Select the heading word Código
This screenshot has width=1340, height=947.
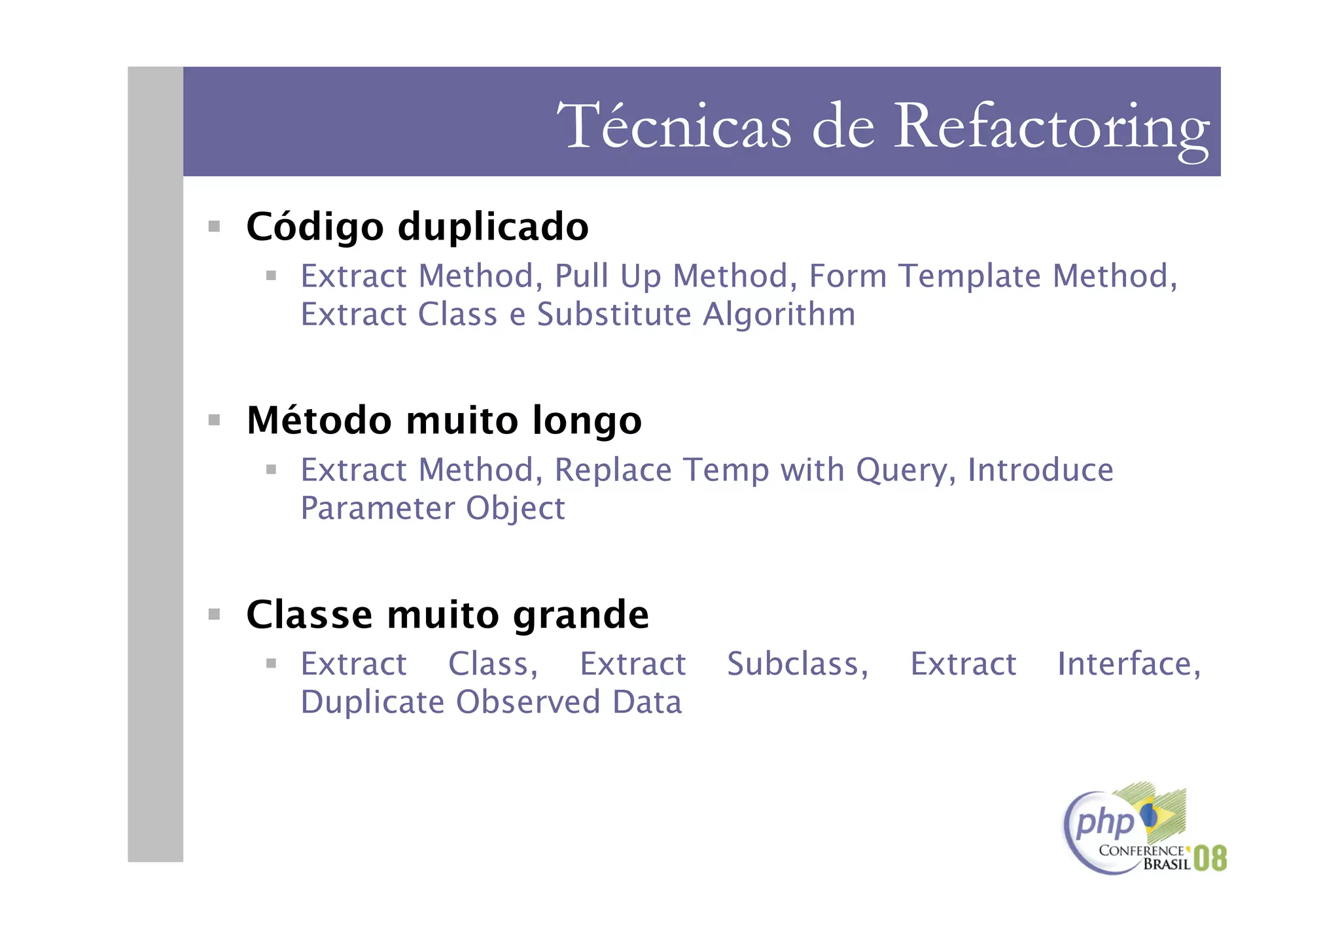point(315,227)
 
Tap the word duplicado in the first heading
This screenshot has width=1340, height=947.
point(493,227)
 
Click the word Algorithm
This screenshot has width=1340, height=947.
point(779,314)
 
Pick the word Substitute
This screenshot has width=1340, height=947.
point(614,314)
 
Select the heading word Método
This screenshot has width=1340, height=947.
point(319,420)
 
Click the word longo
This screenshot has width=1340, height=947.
point(587,420)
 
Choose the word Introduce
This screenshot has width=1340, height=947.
point(1040,470)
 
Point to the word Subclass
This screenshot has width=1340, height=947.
point(797,664)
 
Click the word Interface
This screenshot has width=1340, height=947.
point(1129,664)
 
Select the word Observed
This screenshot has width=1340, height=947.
point(527,702)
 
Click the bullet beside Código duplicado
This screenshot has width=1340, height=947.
point(214,226)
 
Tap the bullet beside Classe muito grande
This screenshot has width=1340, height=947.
point(214,614)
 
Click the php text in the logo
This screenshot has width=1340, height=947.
point(1104,822)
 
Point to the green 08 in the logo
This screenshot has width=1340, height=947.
point(1210,858)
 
